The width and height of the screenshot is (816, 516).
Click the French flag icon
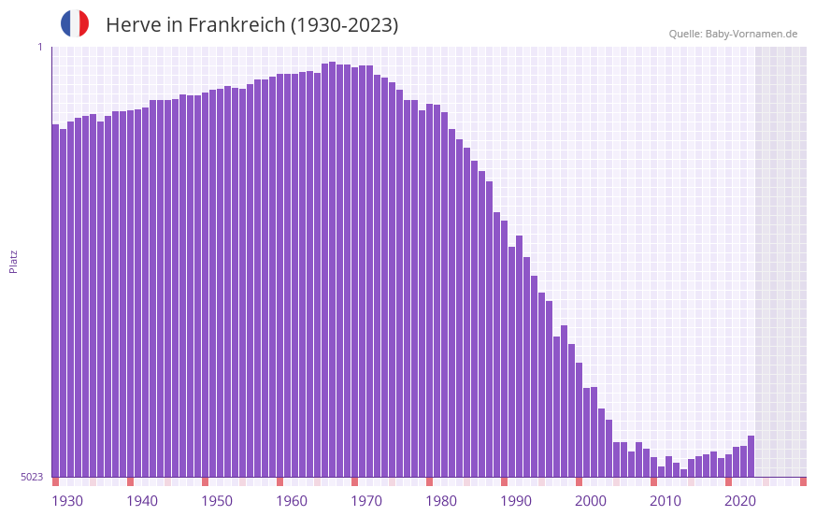point(75,24)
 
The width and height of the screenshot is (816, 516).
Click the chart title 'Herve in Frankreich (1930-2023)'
point(251,25)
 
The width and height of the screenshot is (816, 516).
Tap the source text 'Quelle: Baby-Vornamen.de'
point(733,34)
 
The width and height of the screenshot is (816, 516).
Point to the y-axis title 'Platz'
point(13,261)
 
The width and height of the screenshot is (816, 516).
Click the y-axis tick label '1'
point(40,47)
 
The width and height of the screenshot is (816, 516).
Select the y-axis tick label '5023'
point(32,477)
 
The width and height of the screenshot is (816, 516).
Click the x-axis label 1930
point(67,501)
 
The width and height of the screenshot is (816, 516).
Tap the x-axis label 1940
point(142,501)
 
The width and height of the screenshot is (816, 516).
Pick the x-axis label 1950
point(217,501)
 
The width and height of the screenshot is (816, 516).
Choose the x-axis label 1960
point(292,501)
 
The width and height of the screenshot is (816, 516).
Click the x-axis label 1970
point(366,501)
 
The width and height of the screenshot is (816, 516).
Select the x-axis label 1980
point(441,501)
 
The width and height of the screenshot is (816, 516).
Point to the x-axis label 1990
point(516,501)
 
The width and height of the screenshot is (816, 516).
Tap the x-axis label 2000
point(591,501)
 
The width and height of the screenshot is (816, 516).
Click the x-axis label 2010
point(666,501)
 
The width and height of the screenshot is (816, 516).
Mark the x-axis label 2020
point(740,501)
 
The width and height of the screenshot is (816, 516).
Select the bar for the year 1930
point(55,299)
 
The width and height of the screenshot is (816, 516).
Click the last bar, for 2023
point(751,456)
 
